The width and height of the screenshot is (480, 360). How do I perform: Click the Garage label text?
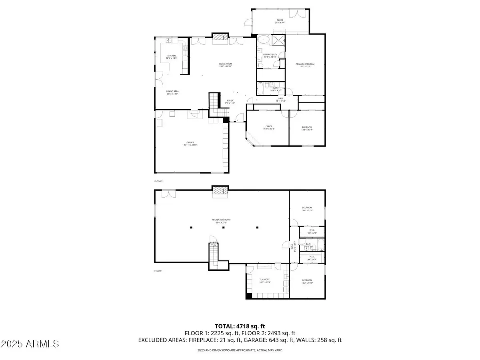coord(190,144)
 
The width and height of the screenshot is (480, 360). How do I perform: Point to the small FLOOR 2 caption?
coord(159,181)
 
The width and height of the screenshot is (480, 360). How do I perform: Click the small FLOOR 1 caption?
coord(159,271)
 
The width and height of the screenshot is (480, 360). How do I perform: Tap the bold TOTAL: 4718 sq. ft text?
coord(240,326)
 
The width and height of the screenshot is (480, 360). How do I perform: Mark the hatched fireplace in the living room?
coord(219,37)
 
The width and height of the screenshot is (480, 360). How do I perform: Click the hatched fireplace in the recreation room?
coord(219,192)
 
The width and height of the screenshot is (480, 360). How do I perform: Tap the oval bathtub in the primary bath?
coord(263,40)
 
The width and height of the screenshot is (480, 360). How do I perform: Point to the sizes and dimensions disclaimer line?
coord(240,350)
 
